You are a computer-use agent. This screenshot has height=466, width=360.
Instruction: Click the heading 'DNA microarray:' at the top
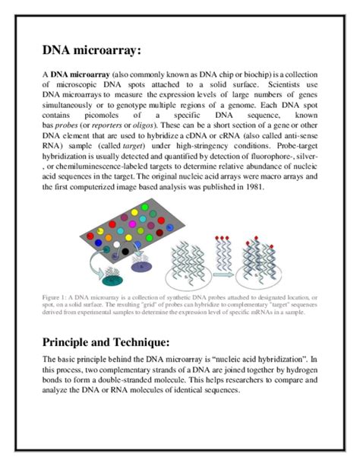[91, 50]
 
